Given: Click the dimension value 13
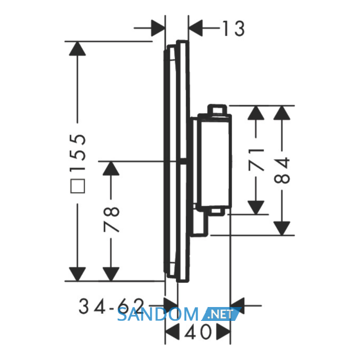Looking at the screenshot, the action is coord(233,28).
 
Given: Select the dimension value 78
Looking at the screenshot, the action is coord(112,219).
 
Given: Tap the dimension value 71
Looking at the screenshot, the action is coord(256,159).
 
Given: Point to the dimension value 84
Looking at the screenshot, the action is coord(282,170).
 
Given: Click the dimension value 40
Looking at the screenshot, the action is coord(197,332).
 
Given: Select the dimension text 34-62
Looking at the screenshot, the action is coord(112,306).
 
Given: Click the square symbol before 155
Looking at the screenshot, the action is coord(78,186).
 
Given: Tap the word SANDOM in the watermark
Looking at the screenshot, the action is coord(158,314).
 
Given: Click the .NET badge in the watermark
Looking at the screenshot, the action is coord(221,314).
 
